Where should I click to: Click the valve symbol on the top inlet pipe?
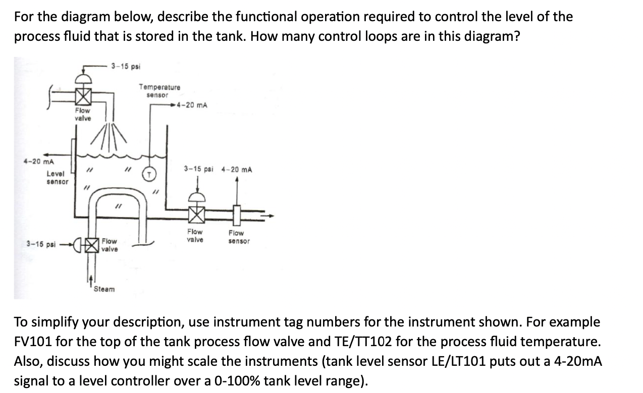[x=83, y=95]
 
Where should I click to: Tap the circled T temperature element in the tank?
[x=150, y=174]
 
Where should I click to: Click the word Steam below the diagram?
[x=104, y=289]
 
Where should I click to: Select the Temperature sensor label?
[x=159, y=91]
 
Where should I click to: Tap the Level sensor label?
[x=57, y=177]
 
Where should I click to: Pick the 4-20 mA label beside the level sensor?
[x=39, y=161]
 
